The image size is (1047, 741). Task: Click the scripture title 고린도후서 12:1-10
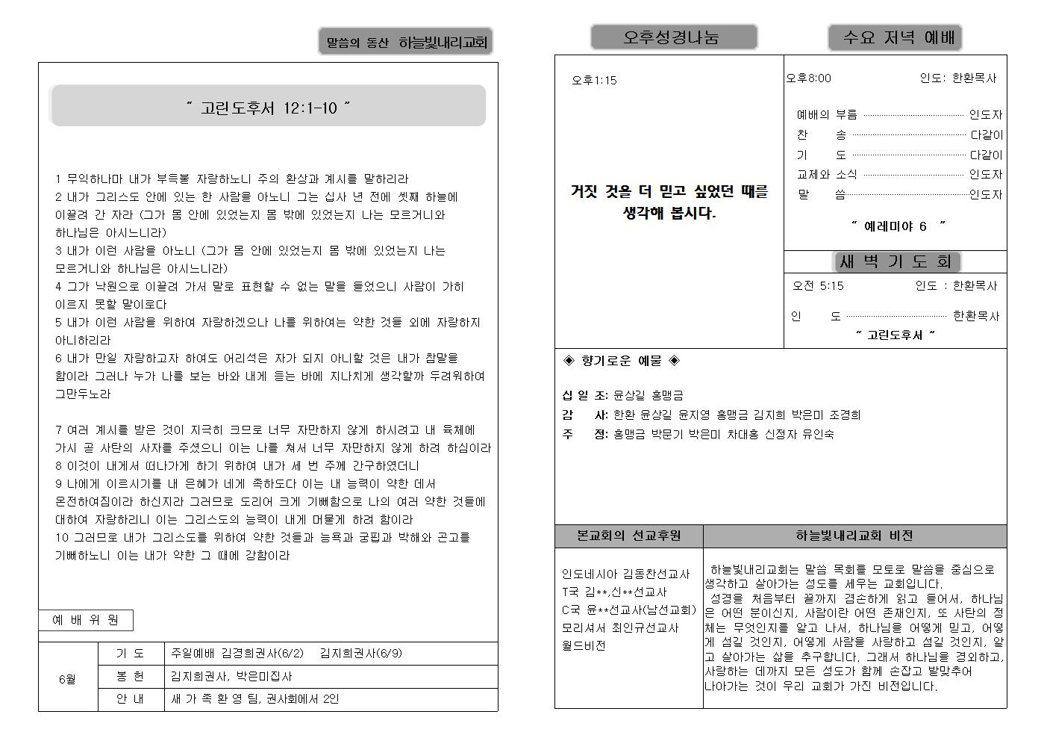pyautogui.click(x=268, y=108)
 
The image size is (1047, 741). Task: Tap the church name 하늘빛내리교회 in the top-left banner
pyautogui.click(x=443, y=43)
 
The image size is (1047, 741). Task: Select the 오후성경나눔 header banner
pyautogui.click(x=673, y=37)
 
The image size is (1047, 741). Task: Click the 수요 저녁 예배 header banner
pyautogui.click(x=894, y=37)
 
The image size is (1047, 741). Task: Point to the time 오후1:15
pyautogui.click(x=594, y=81)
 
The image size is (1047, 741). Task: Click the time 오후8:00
pyautogui.click(x=808, y=78)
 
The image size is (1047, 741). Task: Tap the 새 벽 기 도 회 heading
pyautogui.click(x=896, y=261)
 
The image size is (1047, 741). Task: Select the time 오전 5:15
pyautogui.click(x=818, y=285)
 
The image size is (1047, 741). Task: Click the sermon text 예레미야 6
pyautogui.click(x=898, y=226)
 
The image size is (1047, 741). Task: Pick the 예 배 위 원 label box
pyautogui.click(x=86, y=620)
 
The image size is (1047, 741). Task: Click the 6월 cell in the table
pyautogui.click(x=67, y=680)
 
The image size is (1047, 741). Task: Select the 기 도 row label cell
pyautogui.click(x=131, y=654)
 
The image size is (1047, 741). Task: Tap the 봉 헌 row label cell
pyautogui.click(x=131, y=676)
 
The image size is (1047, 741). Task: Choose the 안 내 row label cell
pyautogui.click(x=131, y=699)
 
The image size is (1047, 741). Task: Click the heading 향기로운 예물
pyautogui.click(x=621, y=361)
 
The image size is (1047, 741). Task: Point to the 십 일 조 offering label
pyautogui.click(x=585, y=395)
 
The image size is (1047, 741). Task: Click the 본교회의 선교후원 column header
pyautogui.click(x=628, y=536)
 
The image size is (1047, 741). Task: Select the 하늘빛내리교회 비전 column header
pyautogui.click(x=854, y=536)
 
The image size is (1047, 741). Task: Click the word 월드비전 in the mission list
pyautogui.click(x=584, y=645)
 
